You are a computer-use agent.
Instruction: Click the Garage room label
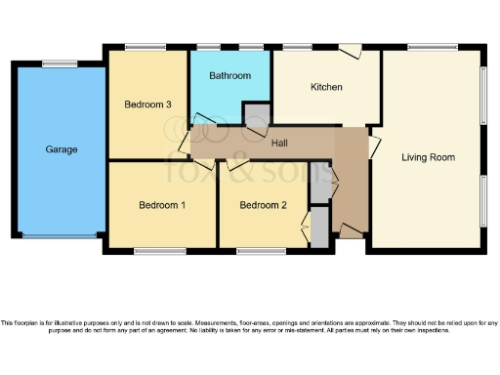61,149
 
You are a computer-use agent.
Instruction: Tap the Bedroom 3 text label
148,104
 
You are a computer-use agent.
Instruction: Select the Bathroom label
230,75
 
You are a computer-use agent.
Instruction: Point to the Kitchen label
326,87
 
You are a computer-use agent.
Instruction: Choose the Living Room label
428,156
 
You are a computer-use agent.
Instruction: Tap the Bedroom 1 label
162,205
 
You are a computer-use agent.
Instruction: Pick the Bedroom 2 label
263,205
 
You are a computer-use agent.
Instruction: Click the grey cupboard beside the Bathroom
256,113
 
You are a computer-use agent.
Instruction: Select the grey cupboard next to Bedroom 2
318,228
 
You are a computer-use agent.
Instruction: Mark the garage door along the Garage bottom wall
61,235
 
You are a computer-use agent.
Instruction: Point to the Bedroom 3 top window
145,47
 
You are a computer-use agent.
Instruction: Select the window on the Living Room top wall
432,47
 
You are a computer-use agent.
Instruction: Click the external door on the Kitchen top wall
349,49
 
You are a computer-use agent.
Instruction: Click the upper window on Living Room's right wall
483,96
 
